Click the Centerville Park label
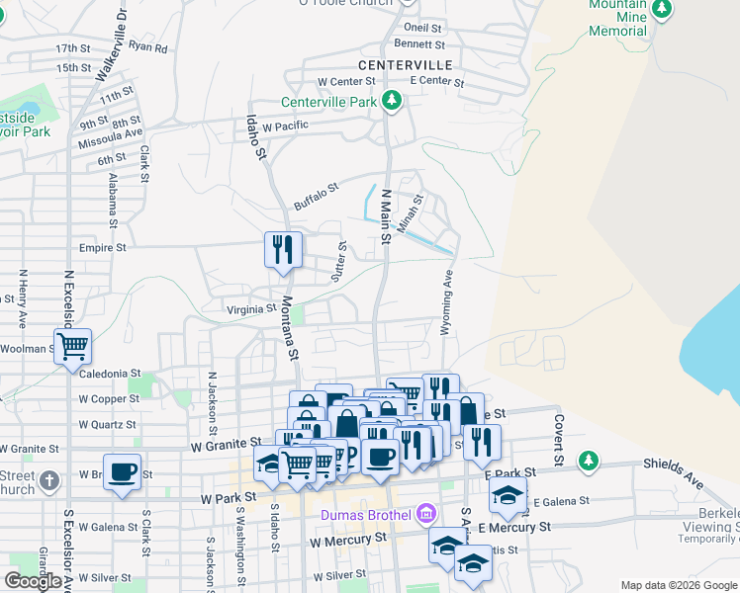[329, 102]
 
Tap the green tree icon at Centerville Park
[393, 101]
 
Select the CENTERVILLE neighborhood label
[406, 64]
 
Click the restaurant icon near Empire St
[283, 249]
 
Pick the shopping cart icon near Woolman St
[72, 346]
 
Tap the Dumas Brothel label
[365, 514]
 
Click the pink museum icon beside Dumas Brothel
[426, 513]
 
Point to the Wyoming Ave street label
[447, 302]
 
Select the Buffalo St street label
[317, 195]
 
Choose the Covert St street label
[558, 441]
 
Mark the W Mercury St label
[347, 541]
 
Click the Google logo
[33, 581]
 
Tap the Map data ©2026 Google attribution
[678, 585]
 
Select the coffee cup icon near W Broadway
[123, 470]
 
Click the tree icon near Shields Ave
[589, 460]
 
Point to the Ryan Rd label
[148, 46]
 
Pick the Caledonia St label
[103, 374]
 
